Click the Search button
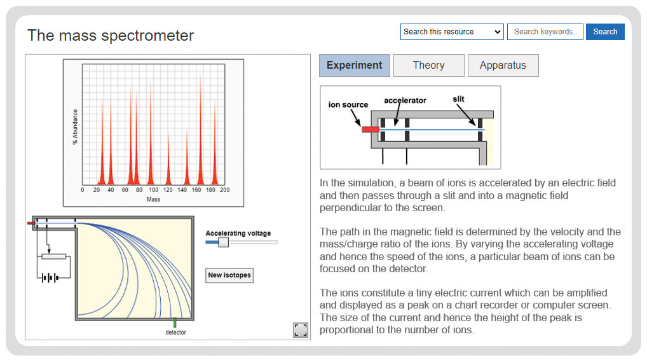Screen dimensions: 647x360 [605, 32]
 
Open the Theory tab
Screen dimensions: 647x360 [429, 66]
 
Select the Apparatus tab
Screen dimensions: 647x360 [503, 66]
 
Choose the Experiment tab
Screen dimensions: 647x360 [355, 66]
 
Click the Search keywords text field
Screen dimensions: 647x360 [545, 32]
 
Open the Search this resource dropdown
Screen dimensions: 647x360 [452, 32]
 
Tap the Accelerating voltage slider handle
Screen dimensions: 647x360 [223, 242]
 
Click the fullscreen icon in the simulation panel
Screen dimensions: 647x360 [301, 330]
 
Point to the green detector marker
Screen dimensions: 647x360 [175, 322]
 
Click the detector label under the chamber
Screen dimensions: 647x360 [176, 333]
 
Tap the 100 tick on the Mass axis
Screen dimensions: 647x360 [154, 190]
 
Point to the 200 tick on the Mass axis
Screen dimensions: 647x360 [224, 190]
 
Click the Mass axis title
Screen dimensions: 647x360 [154, 200]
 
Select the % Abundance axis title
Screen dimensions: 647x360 [75, 127]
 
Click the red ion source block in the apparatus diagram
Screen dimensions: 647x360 [370, 130]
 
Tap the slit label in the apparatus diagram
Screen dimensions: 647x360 [458, 99]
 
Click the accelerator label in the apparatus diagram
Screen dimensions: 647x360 [405, 100]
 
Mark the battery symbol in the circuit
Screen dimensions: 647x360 [50, 278]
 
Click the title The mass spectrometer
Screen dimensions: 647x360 [111, 36]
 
